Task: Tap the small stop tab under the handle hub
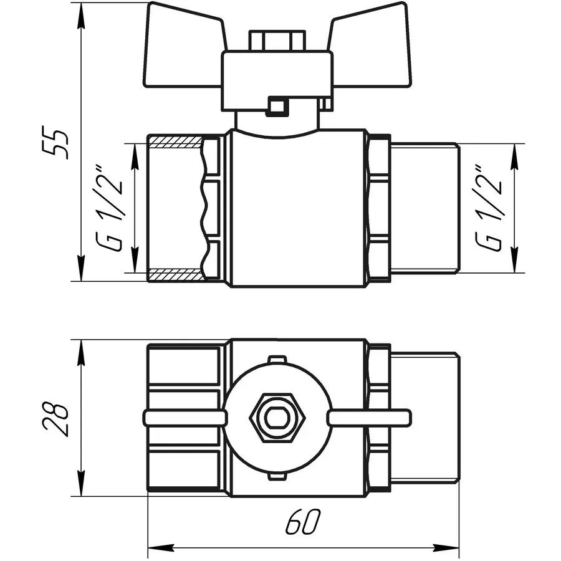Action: (276, 107)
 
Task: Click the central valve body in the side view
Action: (296, 209)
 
